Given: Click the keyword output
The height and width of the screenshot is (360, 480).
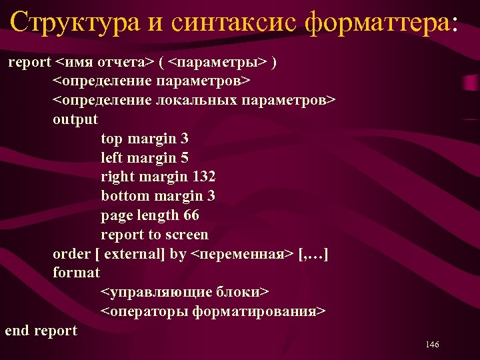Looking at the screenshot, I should (x=75, y=119).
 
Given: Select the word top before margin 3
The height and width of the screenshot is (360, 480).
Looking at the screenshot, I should (x=111, y=139).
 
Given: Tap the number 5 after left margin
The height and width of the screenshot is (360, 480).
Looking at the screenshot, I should (x=184, y=158).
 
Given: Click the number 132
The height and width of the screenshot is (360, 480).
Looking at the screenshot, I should (x=203, y=177).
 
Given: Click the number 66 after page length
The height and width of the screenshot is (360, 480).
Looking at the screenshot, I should (x=191, y=215).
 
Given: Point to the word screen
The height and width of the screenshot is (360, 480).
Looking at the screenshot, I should (x=187, y=235).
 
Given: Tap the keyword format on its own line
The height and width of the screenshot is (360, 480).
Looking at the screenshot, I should (x=76, y=273).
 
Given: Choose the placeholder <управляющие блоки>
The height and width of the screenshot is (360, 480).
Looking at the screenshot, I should (x=185, y=292).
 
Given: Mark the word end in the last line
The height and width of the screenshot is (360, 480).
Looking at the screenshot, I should (x=17, y=330).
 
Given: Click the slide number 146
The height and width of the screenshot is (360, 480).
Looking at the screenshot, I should (x=431, y=345).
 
